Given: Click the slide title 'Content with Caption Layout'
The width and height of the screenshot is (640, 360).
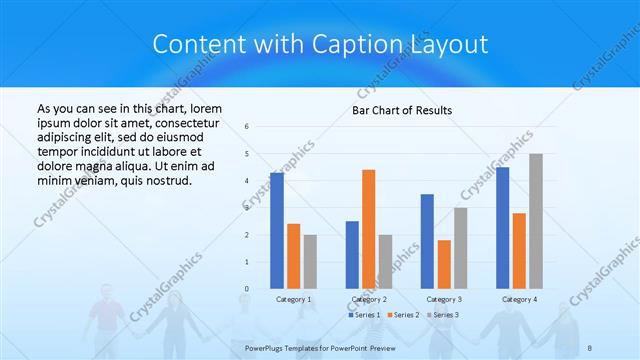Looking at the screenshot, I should click(320, 45).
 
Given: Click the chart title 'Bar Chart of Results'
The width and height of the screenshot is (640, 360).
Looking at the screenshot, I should click(401, 110).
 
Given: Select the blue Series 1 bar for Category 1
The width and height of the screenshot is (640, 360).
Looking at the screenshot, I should click(276, 230).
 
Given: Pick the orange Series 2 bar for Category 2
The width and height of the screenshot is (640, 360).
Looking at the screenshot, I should click(369, 229).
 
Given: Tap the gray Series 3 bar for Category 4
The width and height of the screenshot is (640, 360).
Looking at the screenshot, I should click(536, 221).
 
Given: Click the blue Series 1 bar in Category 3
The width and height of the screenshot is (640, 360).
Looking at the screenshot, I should click(427, 241).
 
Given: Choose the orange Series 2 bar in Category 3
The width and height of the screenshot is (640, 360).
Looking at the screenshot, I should click(444, 264).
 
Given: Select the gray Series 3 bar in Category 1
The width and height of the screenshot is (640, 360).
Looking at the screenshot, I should click(310, 261).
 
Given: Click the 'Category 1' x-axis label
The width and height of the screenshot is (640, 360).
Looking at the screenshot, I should click(293, 299).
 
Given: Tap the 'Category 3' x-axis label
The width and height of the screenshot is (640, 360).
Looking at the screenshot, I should click(443, 299).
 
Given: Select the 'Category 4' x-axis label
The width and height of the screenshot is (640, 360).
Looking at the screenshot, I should click(519, 299).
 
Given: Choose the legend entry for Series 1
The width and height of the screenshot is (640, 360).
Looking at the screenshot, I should click(364, 315).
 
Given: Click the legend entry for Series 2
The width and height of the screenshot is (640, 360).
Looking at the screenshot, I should click(402, 315).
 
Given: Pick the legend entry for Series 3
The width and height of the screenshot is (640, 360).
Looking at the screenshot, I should click(441, 315).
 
